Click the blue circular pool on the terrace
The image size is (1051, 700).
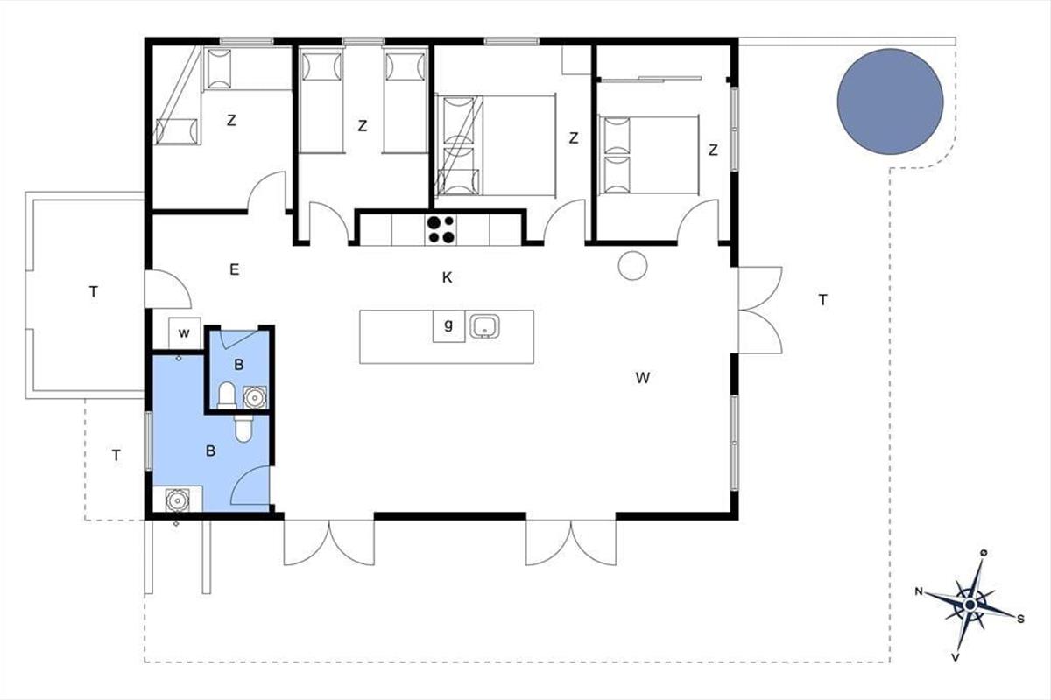[x=890, y=101]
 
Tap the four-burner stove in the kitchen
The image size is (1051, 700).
[x=441, y=229]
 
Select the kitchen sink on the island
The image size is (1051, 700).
[x=484, y=326]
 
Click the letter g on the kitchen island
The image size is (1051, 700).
[x=448, y=325]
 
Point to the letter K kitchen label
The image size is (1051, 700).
[x=448, y=278]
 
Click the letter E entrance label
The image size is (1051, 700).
[x=235, y=269]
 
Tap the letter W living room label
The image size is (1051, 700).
[x=643, y=378]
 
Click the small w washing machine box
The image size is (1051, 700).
[x=185, y=333]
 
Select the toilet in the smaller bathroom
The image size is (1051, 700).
[x=227, y=395]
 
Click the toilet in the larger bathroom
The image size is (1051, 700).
[x=243, y=428]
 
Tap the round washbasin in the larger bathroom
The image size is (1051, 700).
[x=177, y=500]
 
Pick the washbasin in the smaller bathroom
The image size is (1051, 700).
[x=255, y=397]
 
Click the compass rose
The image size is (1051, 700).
[x=970, y=605]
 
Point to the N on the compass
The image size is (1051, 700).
[x=919, y=591]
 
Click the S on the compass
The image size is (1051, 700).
[x=1020, y=619]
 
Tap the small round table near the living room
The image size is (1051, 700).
[x=632, y=266]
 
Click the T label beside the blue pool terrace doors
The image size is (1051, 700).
[x=823, y=299]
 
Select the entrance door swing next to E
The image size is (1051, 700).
[x=168, y=290]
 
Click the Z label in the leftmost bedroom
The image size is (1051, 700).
[x=231, y=121]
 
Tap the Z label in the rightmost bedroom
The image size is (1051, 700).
[x=713, y=150]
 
